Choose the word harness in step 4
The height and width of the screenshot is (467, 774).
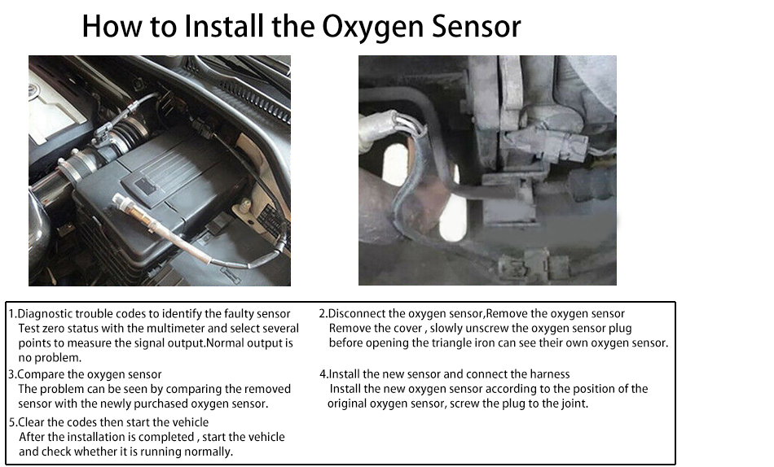[550, 374]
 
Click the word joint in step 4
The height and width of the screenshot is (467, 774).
[574, 404]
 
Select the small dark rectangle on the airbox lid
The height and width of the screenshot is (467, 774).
[146, 185]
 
